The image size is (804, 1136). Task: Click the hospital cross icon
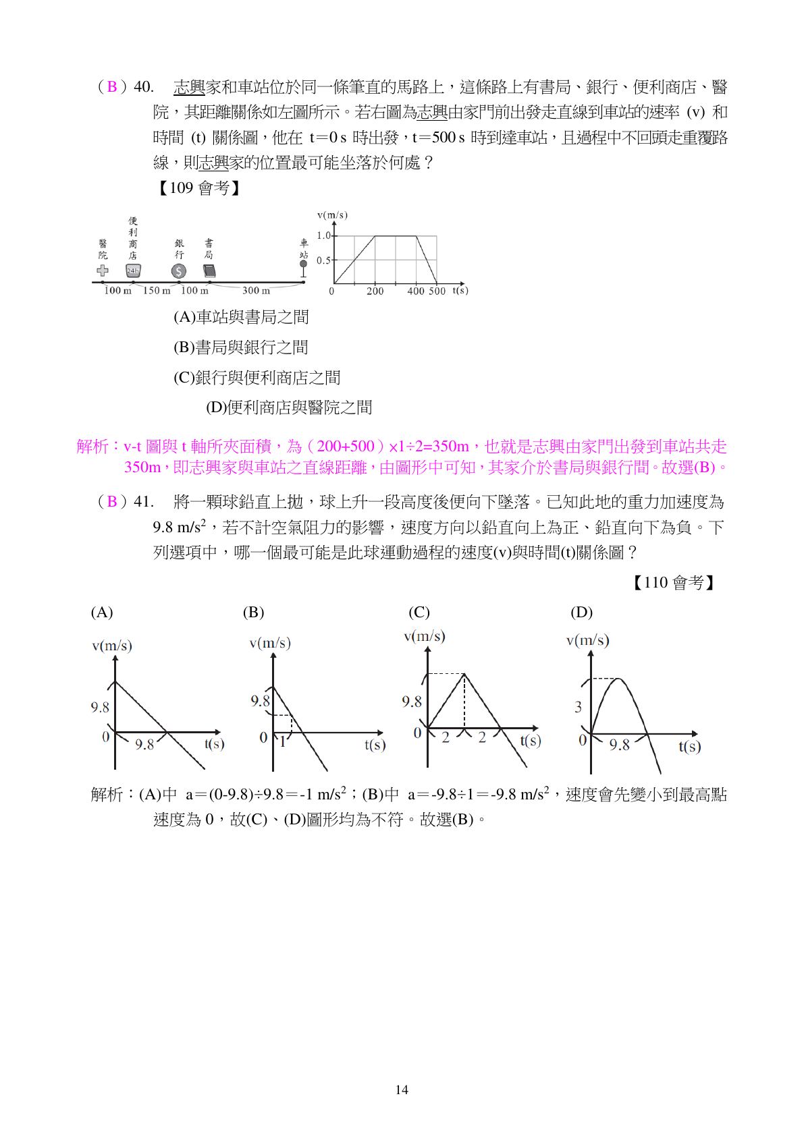point(103,271)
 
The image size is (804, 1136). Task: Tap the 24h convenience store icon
point(133,271)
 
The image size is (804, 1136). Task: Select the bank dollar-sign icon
point(178,271)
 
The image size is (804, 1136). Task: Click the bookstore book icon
point(209,271)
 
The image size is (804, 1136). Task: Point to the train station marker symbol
point(303,267)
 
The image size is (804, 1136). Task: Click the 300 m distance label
point(256,291)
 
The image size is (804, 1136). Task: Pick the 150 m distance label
point(156,291)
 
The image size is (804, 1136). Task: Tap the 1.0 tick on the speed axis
point(323,235)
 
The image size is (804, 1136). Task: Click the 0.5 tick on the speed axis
point(323,260)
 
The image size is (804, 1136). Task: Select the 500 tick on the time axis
point(437,291)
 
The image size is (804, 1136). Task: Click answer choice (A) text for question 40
point(241,317)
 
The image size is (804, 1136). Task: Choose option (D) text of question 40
point(289,407)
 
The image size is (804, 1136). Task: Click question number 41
point(144,502)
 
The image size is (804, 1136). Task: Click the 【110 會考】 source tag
point(673,583)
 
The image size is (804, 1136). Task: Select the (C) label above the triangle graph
point(419,613)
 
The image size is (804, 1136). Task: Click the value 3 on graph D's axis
point(578,707)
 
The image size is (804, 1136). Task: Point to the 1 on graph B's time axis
point(283,742)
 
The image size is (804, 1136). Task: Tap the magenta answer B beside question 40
point(112,87)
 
